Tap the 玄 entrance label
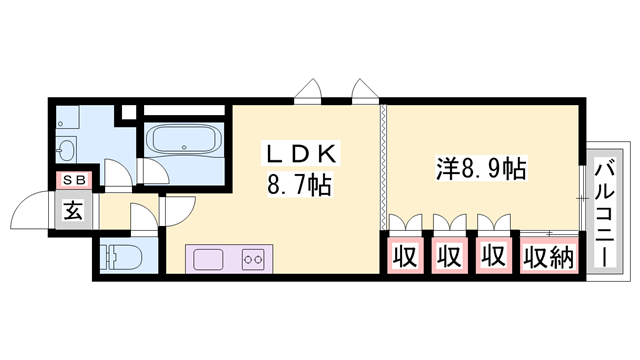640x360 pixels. point(75,210)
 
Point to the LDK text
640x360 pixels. point(301,154)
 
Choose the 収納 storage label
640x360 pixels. point(548,257)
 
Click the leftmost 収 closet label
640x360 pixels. point(403,257)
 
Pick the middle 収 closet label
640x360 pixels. point(448,257)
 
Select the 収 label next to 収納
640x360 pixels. point(492,257)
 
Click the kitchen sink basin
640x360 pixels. point(211,259)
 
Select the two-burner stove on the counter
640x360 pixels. point(252,259)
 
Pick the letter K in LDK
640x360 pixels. point(331,154)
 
